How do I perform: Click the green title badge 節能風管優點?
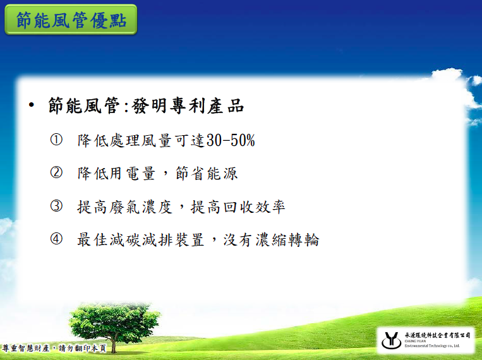pos(71,20)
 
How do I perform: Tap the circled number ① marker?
pos(56,140)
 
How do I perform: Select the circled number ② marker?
pos(56,172)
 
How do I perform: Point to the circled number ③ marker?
pos(56,206)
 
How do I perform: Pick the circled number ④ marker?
pos(56,239)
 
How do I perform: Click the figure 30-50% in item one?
pos(231,140)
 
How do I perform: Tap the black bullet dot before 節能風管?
pos(31,105)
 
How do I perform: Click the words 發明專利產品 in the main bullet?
pos(188,105)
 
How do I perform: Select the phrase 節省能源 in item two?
pos(207,173)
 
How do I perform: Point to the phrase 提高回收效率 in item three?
pos(238,207)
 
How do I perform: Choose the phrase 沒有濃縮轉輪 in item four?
pos(272,240)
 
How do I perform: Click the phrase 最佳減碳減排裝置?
pos(140,240)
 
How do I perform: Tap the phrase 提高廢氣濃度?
pos(124,207)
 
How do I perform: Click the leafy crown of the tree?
pos(114,320)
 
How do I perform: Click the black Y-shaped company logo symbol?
pos(391,340)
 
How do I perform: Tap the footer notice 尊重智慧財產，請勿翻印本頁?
pos(54,349)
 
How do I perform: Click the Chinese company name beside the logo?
pos(437,335)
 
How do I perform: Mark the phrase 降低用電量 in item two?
pos(116,173)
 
